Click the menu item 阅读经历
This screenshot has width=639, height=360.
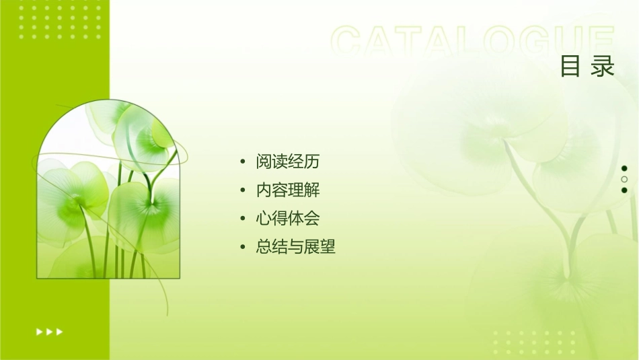point(287,162)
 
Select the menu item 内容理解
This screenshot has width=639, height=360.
point(287,190)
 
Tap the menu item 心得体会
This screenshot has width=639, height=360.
point(287,219)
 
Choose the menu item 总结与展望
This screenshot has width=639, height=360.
point(295,248)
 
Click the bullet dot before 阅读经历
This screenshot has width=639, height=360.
point(242,162)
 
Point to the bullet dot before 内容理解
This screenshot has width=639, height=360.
point(242,190)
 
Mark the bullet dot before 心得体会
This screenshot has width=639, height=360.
point(242,219)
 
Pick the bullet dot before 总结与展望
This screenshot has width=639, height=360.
point(242,248)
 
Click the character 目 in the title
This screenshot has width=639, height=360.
point(570,67)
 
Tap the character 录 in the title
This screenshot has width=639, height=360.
point(603,67)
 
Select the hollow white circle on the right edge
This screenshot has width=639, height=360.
point(624,179)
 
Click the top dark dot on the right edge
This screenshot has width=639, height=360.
point(624,168)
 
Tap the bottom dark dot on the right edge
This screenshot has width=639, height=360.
point(624,190)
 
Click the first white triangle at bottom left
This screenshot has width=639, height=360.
point(40,331)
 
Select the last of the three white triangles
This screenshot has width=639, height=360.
point(60,331)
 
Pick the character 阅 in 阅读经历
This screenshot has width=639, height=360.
point(264,162)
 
